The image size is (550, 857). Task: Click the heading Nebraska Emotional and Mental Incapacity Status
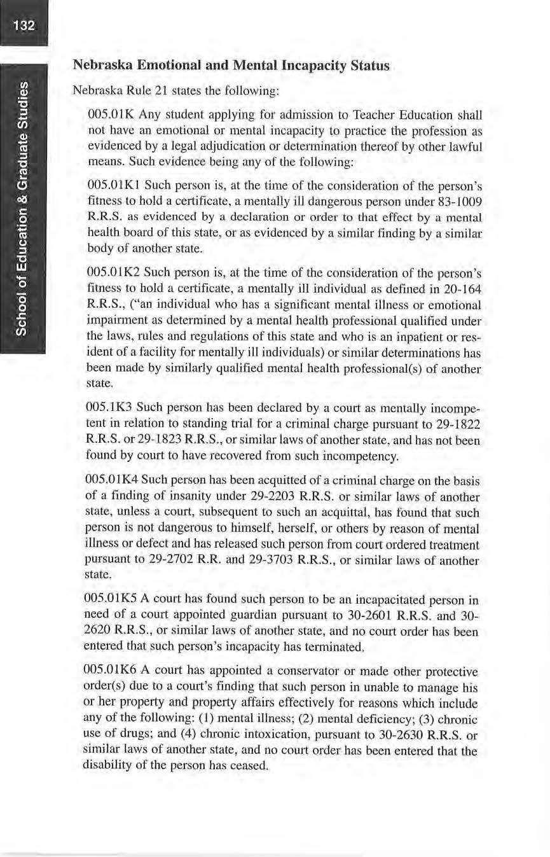231,66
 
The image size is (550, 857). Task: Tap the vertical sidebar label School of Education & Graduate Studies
23,208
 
